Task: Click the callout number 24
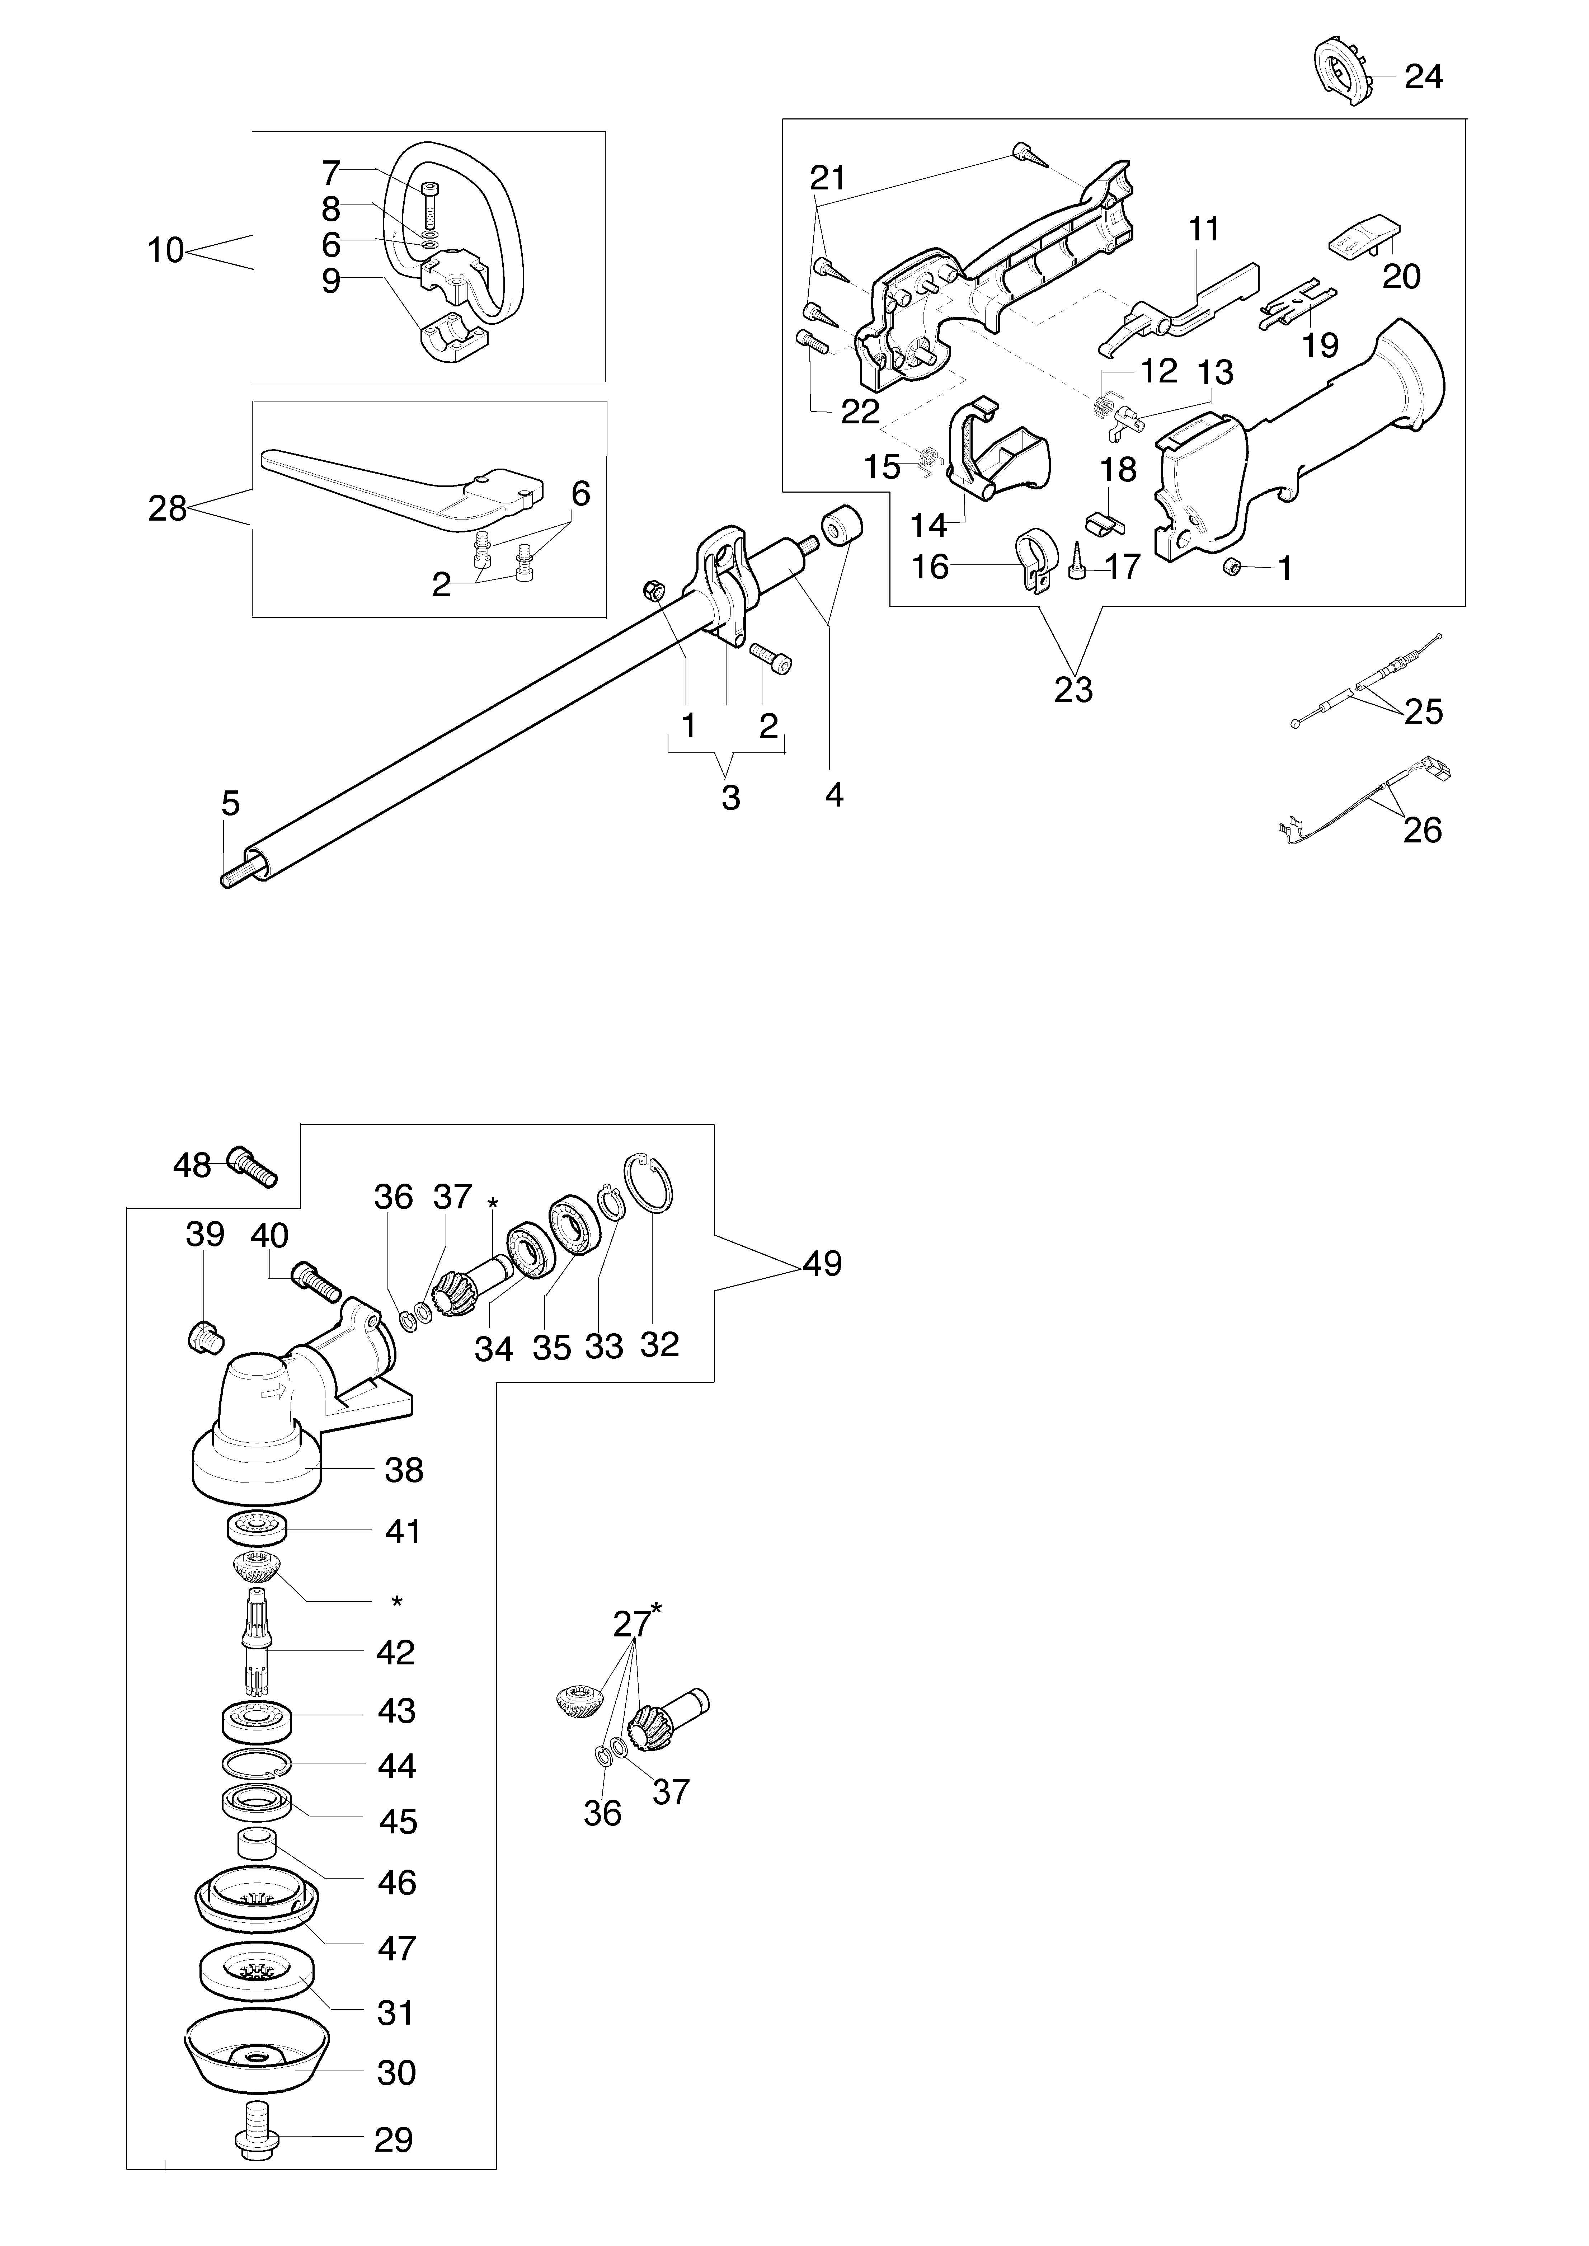tap(1424, 76)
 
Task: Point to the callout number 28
tap(167, 509)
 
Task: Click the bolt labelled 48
tap(253, 1165)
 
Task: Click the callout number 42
tap(395, 1653)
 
